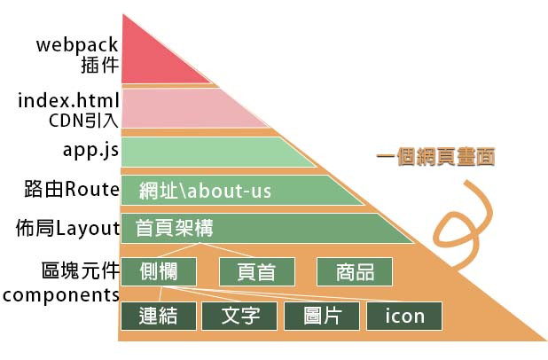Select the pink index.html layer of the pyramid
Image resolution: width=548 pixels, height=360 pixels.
tap(182, 107)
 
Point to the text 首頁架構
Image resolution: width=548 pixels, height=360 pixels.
tap(175, 229)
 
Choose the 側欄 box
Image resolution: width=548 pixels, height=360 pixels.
tap(157, 271)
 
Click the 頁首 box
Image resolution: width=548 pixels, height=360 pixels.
tap(254, 271)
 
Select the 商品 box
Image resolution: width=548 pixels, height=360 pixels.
tap(354, 271)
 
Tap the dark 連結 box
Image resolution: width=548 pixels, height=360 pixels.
tap(157, 316)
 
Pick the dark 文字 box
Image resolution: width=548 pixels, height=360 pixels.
tap(240, 316)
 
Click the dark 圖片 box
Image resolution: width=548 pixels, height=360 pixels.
tap(322, 316)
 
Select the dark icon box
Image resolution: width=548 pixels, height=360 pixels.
tap(403, 316)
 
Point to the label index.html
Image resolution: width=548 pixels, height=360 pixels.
tap(68, 101)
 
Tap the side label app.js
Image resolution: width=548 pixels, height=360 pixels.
tap(90, 149)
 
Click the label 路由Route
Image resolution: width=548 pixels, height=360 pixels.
tap(72, 189)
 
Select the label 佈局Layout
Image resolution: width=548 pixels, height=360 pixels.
tap(67, 229)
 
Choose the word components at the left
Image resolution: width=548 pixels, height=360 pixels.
tap(59, 294)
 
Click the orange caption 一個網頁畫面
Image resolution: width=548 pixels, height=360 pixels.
tap(435, 158)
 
